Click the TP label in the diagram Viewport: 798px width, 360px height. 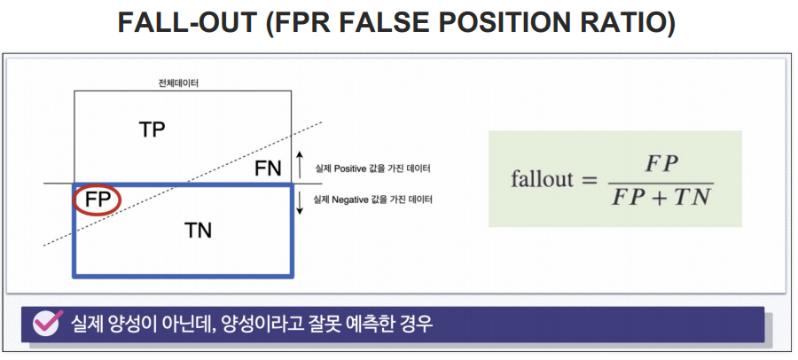click(x=153, y=129)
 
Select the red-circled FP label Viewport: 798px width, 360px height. click(x=98, y=200)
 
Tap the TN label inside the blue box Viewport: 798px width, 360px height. click(x=198, y=231)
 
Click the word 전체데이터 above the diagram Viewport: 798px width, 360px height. click(x=177, y=83)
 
